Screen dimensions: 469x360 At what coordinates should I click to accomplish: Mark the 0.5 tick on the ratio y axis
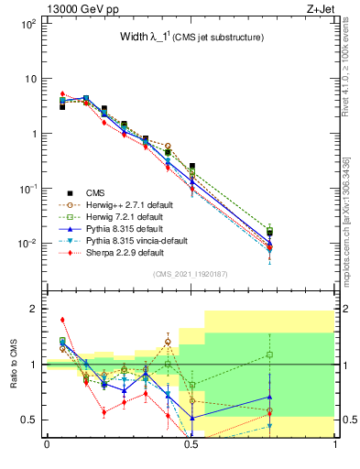[x=31, y=420]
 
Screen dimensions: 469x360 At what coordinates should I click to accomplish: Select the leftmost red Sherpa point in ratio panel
[x=62, y=320]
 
